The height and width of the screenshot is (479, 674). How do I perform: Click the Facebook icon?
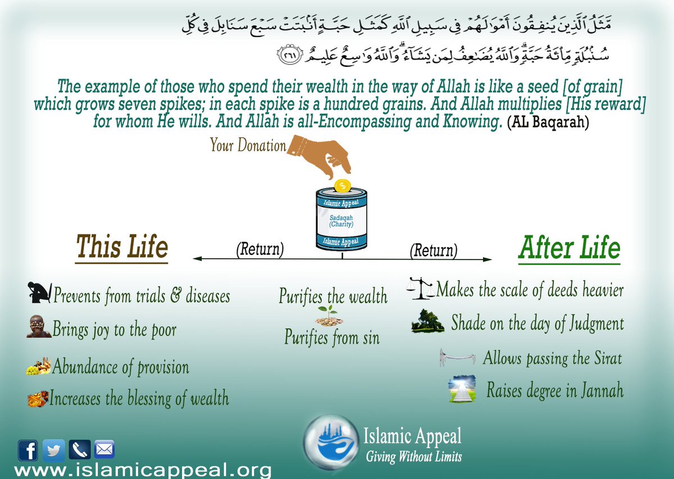28,450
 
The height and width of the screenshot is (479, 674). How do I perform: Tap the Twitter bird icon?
53,450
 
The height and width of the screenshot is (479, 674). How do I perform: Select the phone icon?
79,450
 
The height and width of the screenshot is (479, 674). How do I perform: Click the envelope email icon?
104,450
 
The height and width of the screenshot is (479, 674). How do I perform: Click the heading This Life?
122,248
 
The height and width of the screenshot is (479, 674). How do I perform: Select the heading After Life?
569,248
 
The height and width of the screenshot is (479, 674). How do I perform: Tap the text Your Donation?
248,145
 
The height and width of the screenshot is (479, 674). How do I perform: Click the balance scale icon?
420,288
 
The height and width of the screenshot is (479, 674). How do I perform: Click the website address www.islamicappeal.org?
143,469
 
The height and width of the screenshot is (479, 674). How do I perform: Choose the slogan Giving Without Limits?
413,457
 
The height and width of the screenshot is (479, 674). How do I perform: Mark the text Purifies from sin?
331,337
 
